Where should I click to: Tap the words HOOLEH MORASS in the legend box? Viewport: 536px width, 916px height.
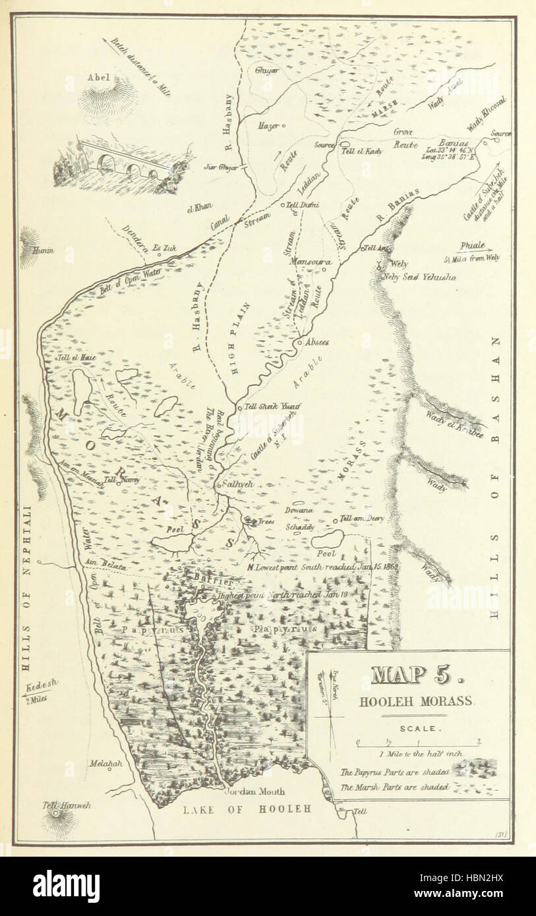tap(416, 701)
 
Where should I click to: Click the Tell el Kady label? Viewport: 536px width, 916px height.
tap(362, 151)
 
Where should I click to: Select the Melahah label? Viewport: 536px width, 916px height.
tap(107, 763)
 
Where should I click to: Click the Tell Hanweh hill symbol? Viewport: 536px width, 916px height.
tap(56, 815)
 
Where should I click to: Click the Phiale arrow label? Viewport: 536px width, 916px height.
tap(472, 245)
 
